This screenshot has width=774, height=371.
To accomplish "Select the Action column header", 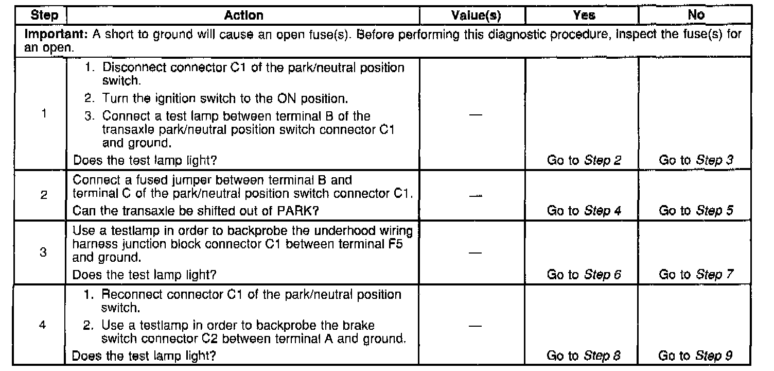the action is (x=243, y=15).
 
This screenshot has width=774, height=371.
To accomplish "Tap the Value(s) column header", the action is (x=472, y=15).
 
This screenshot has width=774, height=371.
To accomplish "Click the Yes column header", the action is (x=584, y=15).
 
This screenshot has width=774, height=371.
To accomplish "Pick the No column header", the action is (x=696, y=15).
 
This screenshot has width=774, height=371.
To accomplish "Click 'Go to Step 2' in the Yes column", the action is (x=584, y=160).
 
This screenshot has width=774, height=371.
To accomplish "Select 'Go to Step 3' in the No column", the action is (x=696, y=160).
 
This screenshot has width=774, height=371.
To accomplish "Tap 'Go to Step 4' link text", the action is (x=584, y=210).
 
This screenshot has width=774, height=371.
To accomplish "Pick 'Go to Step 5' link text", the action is (x=696, y=210).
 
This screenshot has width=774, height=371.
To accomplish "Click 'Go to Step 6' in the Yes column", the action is (x=584, y=275).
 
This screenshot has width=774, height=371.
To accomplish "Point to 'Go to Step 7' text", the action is (x=696, y=275).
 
